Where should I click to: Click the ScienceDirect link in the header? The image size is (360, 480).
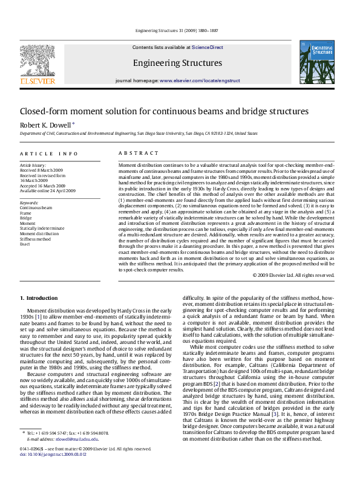[x=208, y=47]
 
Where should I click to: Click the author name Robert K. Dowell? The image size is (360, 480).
[x=45, y=125]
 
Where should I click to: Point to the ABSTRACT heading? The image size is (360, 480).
[x=134, y=154]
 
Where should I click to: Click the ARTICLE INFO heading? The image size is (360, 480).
[x=49, y=154]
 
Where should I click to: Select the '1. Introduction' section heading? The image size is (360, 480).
[x=39, y=298]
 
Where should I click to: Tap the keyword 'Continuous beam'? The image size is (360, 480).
[x=36, y=207]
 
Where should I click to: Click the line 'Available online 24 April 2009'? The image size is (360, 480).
[x=48, y=190]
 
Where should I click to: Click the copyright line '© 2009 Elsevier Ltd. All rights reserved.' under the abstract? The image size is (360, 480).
[x=293, y=275]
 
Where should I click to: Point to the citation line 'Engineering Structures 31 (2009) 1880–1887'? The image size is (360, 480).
[x=177, y=30]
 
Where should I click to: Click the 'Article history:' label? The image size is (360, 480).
[x=33, y=165]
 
